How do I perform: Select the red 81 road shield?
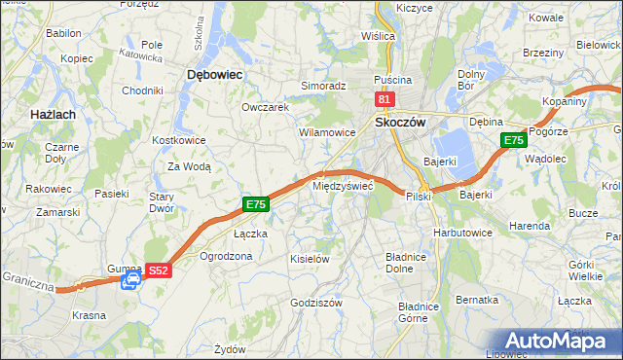[384, 99]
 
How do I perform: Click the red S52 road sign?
[160, 270]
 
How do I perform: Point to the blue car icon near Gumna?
[130, 281]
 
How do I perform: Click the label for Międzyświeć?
[342, 185]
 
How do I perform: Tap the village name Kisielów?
[310, 260]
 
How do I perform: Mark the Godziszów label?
[315, 303]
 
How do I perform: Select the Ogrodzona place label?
[225, 257]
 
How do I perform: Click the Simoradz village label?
[323, 86]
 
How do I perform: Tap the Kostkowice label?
[178, 140]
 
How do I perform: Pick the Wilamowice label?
[326, 131]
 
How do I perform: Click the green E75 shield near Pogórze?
[514, 141]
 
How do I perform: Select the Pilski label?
[419, 197]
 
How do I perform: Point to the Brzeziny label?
[543, 53]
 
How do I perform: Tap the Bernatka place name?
[477, 300]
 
